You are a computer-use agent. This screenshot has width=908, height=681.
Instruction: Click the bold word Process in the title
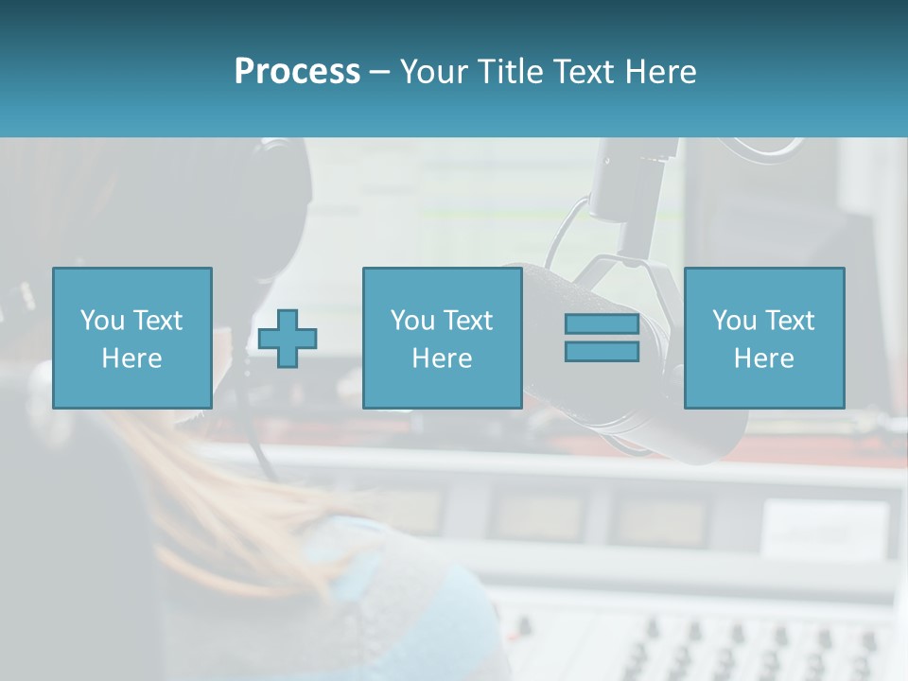[297, 72]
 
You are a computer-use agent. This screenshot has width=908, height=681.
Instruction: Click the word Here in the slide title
[662, 72]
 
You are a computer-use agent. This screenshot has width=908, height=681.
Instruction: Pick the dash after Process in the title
[378, 73]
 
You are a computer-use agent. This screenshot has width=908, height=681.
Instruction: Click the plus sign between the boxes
[288, 339]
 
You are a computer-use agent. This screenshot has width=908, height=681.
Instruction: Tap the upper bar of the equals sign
[602, 323]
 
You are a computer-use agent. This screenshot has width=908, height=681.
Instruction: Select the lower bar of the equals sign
[602, 352]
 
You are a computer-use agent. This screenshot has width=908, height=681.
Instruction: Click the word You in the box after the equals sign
[734, 322]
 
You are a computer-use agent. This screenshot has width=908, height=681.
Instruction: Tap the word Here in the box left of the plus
[131, 358]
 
